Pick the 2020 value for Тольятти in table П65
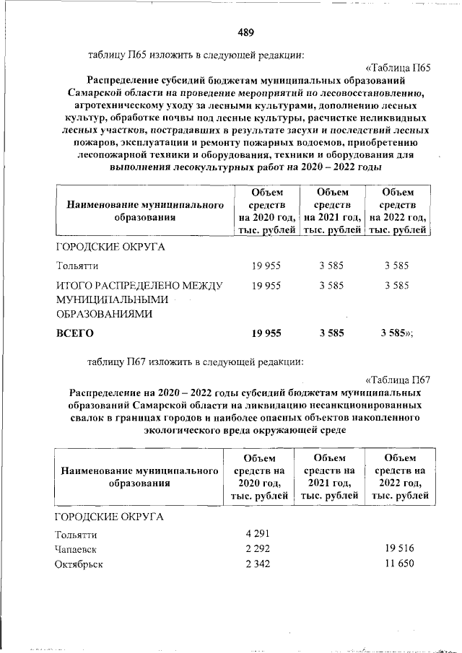(x=266, y=266)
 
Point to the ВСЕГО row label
(x=75, y=333)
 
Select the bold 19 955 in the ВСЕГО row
(x=266, y=333)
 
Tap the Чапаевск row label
(x=76, y=550)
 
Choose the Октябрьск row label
(x=79, y=564)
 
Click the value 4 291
(x=258, y=535)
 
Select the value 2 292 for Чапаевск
(x=258, y=550)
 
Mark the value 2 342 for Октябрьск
(x=258, y=564)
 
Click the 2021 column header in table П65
(x=332, y=211)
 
